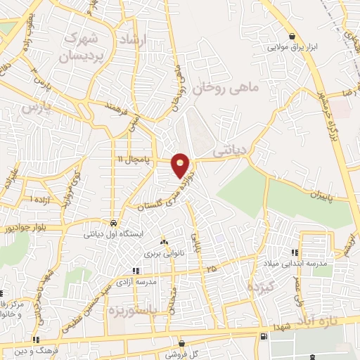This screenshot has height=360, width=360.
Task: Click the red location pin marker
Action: tap(181, 165)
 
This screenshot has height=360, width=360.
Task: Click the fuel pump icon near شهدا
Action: tap(264, 335)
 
